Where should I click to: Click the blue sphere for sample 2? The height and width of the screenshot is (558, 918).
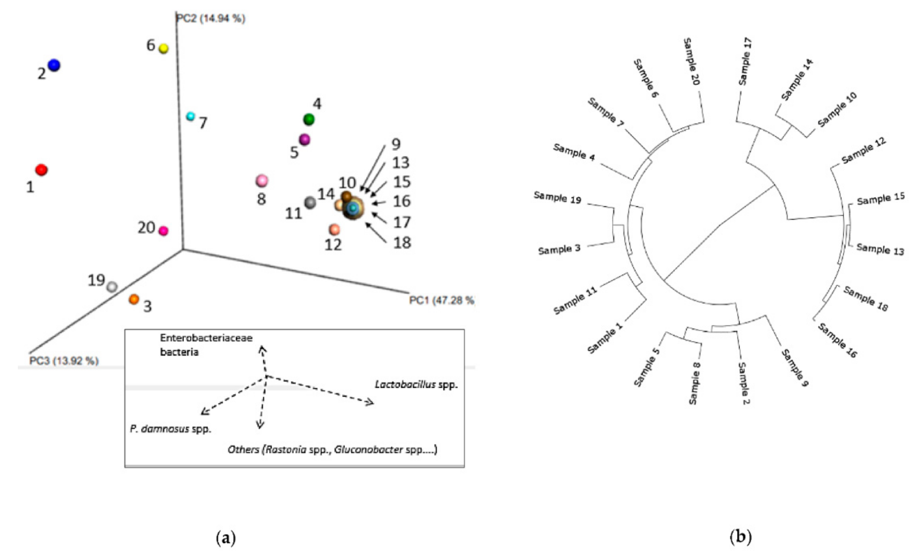pos(54,65)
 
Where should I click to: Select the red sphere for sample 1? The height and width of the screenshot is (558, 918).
pos(41,170)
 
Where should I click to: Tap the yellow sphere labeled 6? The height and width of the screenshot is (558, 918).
pos(164,48)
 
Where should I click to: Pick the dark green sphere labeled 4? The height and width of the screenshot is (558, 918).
pos(309,119)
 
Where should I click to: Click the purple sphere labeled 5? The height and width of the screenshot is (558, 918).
pos(305,140)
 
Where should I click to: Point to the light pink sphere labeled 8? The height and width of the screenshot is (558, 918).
pos(262,181)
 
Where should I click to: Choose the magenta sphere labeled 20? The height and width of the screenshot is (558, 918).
pos(163,231)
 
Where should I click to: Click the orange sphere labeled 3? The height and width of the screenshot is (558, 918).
pos(134,299)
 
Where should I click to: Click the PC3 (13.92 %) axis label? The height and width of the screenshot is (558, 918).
pos(64,361)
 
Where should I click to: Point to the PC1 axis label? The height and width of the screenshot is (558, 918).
pos(441,300)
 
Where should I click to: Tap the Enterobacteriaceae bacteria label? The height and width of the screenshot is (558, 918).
pos(206,345)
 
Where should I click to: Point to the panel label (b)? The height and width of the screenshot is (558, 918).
pos(741,537)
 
